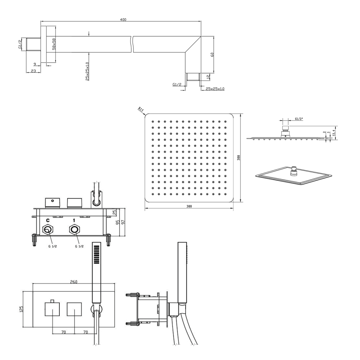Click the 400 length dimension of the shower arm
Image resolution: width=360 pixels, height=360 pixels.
click(123, 20)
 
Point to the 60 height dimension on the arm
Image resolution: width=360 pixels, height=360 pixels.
click(212, 55)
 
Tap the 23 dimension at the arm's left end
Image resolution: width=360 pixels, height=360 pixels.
click(33, 71)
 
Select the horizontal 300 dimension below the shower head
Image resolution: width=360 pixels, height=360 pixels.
click(189, 206)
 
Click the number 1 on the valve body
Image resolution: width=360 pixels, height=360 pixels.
click(74, 220)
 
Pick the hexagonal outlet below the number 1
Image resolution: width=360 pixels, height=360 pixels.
click(74, 230)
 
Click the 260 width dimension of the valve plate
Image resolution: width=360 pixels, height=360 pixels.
click(74, 282)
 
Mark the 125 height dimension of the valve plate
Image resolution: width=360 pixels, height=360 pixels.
click(21, 309)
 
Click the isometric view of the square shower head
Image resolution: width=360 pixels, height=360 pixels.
click(294, 176)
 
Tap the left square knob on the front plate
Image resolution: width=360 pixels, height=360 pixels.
click(52, 309)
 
